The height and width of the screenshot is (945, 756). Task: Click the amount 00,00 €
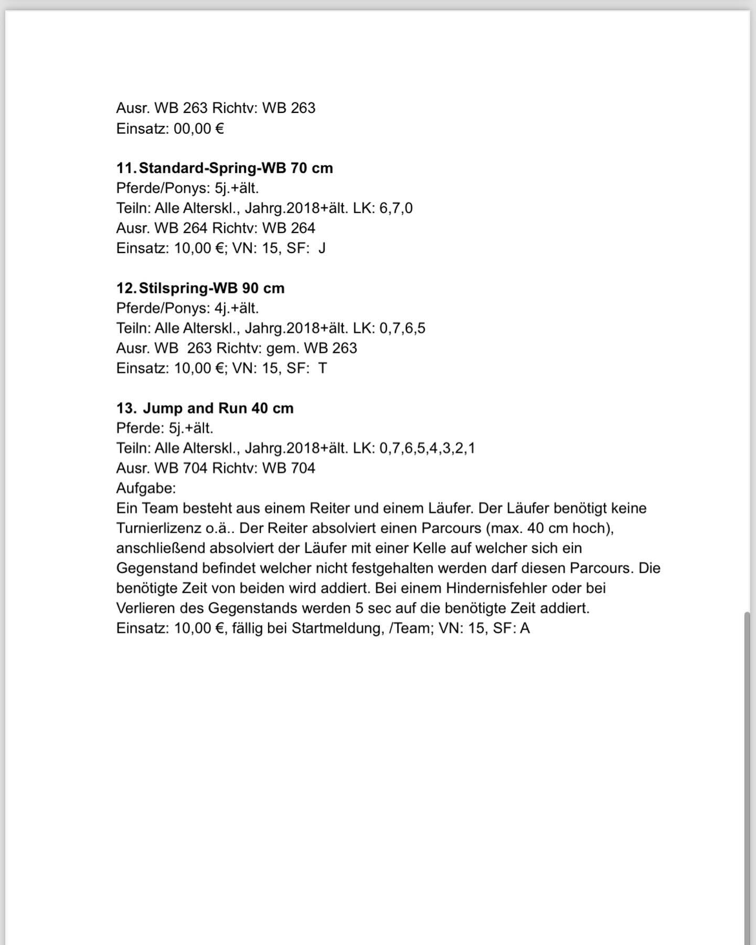198,128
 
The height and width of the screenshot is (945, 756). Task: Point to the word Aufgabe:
146,488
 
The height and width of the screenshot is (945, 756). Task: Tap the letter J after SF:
322,248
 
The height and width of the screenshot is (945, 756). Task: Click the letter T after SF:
322,368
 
